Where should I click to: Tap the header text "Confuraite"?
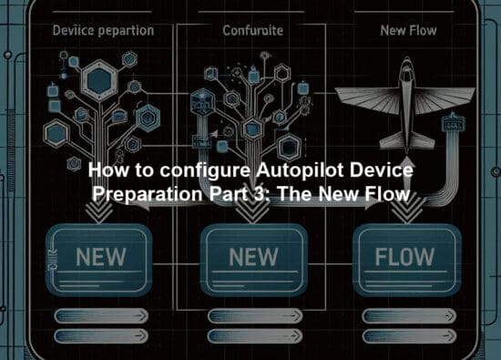(x=253, y=31)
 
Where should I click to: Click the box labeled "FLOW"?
(x=404, y=258)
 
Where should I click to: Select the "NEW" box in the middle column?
(x=252, y=258)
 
